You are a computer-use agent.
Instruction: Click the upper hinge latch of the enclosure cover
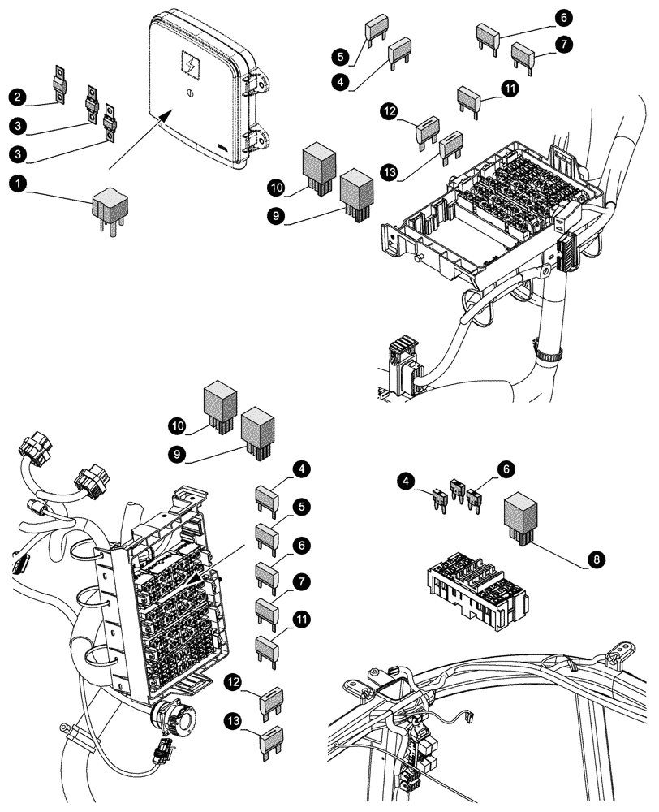pyautogui.click(x=254, y=83)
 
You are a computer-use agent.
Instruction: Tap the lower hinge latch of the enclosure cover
pyautogui.click(x=255, y=138)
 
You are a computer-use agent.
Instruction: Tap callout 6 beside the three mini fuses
pyautogui.click(x=506, y=470)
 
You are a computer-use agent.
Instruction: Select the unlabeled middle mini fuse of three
pyautogui.click(x=456, y=492)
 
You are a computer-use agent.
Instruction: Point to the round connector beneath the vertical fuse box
pyautogui.click(x=173, y=719)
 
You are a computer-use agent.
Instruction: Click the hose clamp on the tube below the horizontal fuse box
pyautogui.click(x=549, y=353)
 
